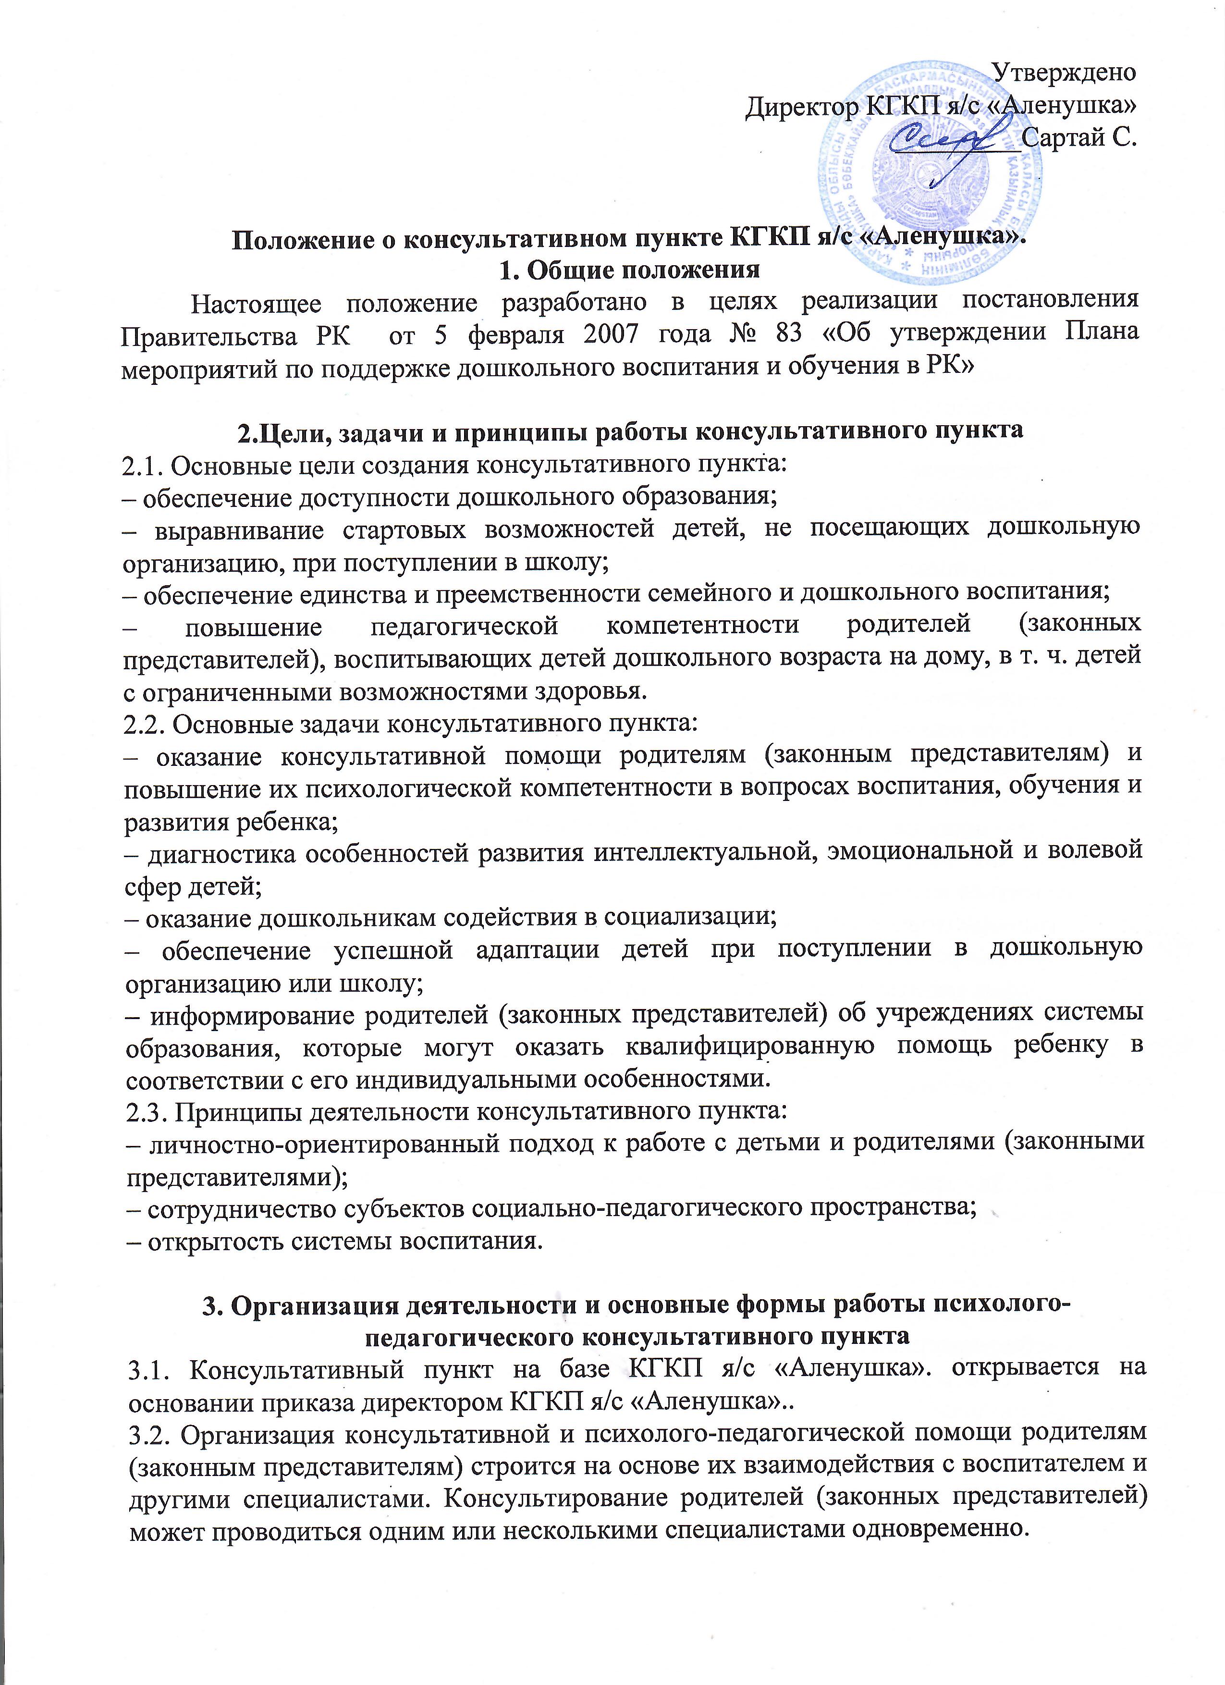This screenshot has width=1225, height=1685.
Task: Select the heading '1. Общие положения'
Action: (631, 270)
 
